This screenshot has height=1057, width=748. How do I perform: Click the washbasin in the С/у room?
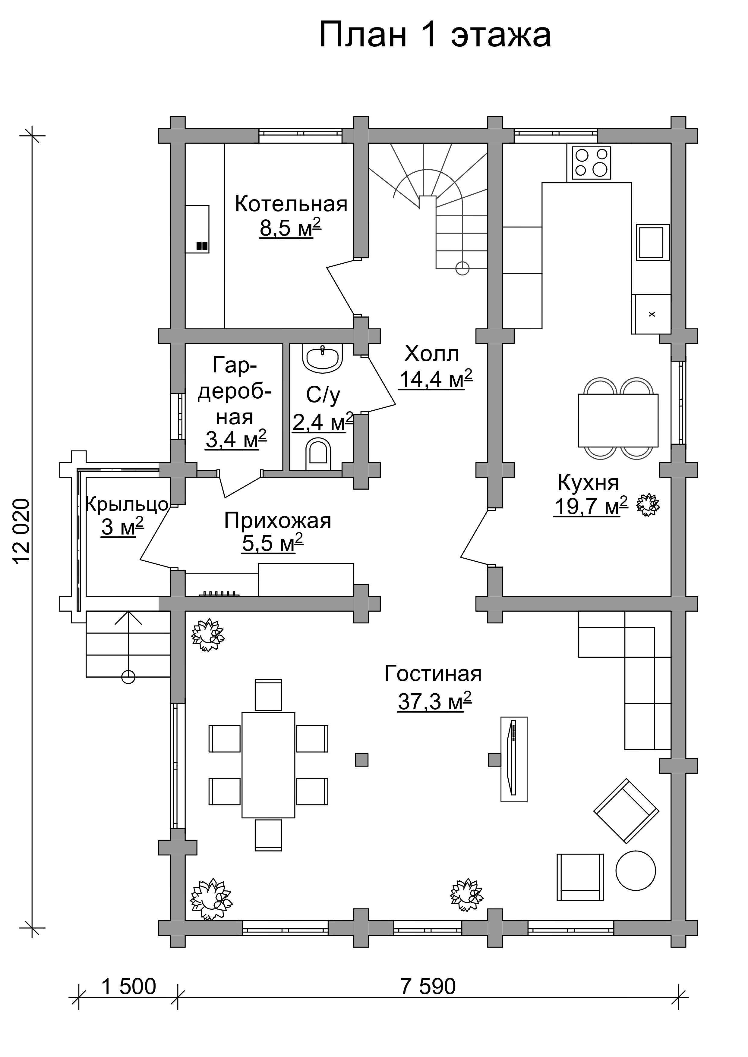point(322,358)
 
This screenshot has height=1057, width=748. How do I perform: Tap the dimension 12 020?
point(22,531)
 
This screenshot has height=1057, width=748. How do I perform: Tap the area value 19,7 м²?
point(591,507)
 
